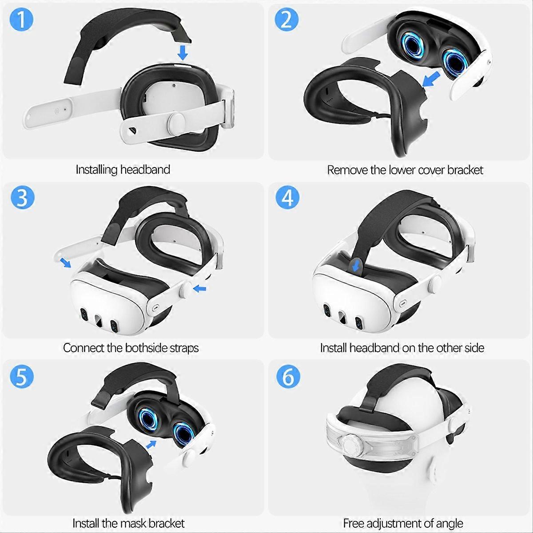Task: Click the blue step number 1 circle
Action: (x=22, y=20)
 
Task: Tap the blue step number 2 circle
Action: (x=286, y=20)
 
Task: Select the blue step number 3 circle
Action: (x=22, y=198)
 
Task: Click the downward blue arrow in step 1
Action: (x=182, y=52)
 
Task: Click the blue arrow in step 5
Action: (x=151, y=445)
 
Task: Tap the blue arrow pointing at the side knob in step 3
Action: (x=200, y=289)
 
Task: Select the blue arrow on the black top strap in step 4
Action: (x=355, y=267)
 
